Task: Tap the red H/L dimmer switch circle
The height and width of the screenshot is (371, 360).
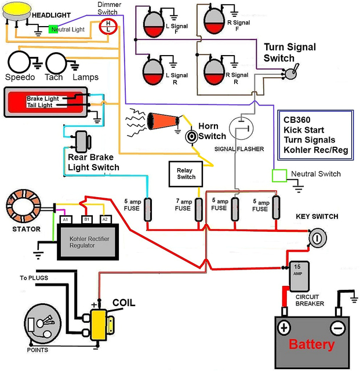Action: (108, 26)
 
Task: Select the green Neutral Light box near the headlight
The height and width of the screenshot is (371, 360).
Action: (53, 29)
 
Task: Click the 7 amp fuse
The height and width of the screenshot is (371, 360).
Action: (197, 208)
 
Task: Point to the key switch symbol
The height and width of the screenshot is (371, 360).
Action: (317, 238)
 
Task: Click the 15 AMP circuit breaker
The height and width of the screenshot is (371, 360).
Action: (298, 274)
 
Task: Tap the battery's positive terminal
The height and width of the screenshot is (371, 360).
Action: (284, 328)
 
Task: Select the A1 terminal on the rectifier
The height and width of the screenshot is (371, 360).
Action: (66, 219)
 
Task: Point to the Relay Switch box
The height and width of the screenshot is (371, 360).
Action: (186, 173)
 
